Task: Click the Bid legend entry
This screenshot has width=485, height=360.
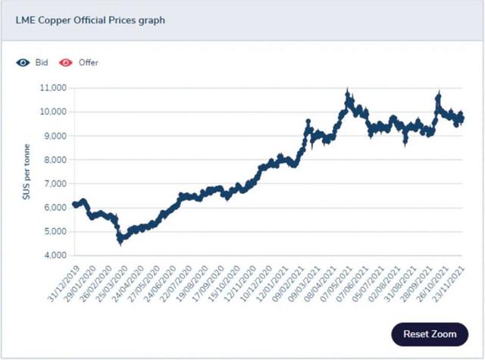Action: pyautogui.click(x=42, y=62)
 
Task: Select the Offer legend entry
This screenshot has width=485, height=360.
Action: pyautogui.click(x=88, y=62)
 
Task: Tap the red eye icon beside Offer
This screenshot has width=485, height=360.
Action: pyautogui.click(x=67, y=62)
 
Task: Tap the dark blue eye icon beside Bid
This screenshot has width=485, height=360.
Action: pyautogui.click(x=23, y=62)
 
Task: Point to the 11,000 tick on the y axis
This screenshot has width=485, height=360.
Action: pyautogui.click(x=52, y=88)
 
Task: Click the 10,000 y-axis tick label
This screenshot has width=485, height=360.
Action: pyautogui.click(x=52, y=112)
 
